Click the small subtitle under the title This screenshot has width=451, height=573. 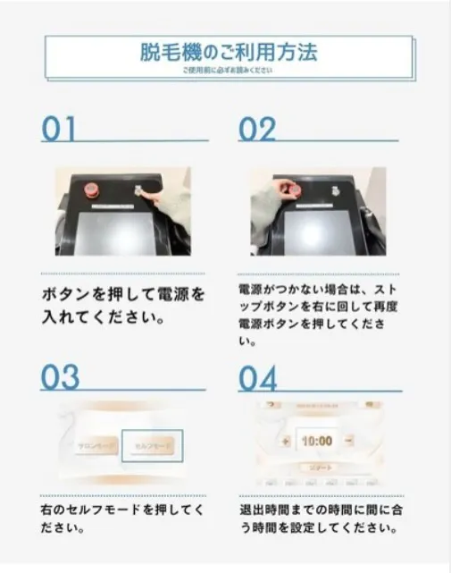[227, 70]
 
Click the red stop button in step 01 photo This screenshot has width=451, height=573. [91, 190]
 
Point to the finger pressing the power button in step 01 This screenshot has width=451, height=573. [144, 193]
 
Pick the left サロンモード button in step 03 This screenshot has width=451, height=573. [93, 443]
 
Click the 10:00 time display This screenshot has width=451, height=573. [314, 440]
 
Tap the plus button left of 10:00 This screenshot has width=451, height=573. [283, 440]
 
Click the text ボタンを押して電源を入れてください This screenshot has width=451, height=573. [123, 305]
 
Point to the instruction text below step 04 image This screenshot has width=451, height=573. [320, 518]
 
